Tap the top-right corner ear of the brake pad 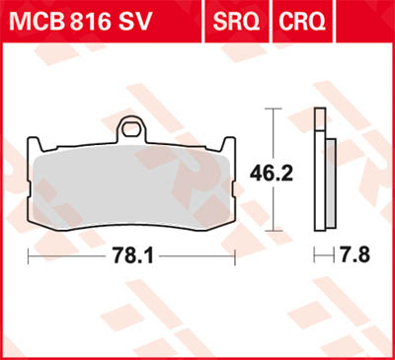coord(230,144)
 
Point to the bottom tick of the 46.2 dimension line coord(273,238)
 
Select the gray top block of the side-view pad coord(318,122)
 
